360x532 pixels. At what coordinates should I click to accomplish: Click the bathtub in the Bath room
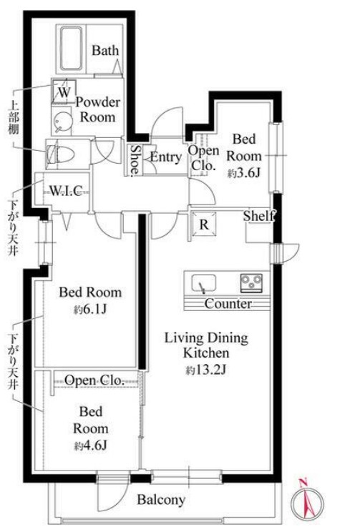[x=72, y=49]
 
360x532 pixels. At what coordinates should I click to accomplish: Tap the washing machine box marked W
[x=64, y=92]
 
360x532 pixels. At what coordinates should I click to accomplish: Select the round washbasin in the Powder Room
[x=62, y=120]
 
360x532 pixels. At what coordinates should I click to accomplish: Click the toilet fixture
[x=60, y=155]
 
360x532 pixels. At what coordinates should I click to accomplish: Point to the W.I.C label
[x=67, y=191]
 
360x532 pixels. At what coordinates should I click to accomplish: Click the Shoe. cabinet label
[x=135, y=159]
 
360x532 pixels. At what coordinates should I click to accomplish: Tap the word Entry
[x=166, y=157]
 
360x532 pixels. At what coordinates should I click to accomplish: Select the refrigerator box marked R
[x=204, y=225]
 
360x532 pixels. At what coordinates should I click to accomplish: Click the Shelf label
[x=258, y=215]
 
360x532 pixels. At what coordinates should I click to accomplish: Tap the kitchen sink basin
[x=203, y=282]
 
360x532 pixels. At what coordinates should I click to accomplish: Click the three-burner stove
[x=251, y=282]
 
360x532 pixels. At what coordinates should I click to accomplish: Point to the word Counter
[x=228, y=303]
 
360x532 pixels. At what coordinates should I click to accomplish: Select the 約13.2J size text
[x=206, y=370]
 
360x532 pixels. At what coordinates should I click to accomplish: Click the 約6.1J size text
[x=90, y=309]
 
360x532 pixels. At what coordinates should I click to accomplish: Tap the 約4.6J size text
[x=91, y=445]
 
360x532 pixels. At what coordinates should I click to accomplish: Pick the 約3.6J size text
[x=244, y=173]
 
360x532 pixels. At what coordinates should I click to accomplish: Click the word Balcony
[x=161, y=500]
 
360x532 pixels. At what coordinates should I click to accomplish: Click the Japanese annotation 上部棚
[x=14, y=117]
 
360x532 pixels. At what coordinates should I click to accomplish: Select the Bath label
[x=105, y=51]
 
